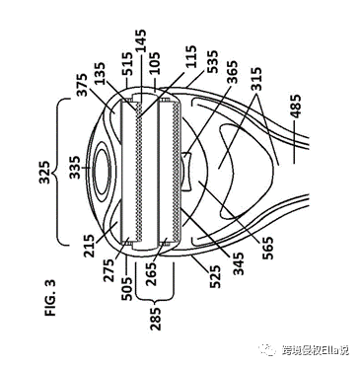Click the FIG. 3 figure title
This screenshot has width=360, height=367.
50,298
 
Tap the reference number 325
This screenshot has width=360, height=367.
43,173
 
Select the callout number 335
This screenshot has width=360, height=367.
75,168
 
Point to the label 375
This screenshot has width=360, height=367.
82,85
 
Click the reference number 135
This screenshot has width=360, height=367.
100,73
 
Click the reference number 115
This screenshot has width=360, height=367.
190,56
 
